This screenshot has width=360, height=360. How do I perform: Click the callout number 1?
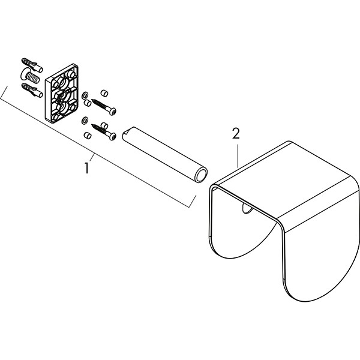86,168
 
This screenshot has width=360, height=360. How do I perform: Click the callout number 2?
236,134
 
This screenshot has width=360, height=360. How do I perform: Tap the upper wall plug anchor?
32,65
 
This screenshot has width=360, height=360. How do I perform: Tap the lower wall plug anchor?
32,90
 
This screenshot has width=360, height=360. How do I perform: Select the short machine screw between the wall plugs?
30,76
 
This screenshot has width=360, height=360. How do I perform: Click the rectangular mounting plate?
62,93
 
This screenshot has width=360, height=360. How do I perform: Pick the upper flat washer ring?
85,95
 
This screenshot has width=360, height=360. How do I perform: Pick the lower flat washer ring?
85,120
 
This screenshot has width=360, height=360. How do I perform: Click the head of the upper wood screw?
113,112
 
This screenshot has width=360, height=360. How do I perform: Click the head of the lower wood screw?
113,137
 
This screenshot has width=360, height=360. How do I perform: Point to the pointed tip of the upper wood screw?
92,100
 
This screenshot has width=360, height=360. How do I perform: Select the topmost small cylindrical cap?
104,92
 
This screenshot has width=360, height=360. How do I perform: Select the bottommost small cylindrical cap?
88,136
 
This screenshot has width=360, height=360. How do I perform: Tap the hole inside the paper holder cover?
247,209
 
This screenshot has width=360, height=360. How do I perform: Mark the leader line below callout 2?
238,156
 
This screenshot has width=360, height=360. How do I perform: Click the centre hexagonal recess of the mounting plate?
61,97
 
